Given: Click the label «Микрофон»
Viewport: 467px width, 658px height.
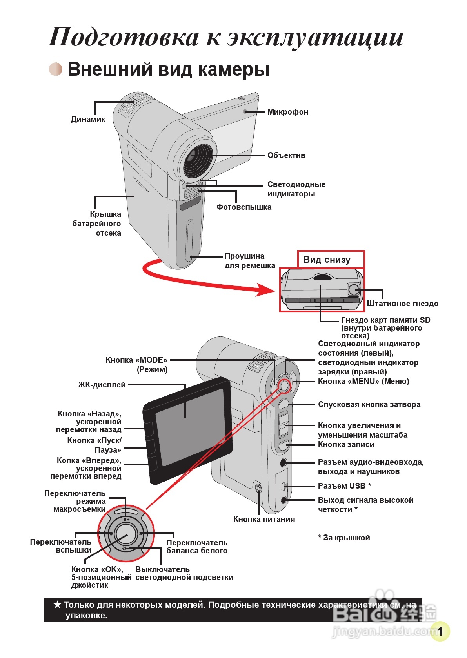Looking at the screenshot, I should [x=287, y=112].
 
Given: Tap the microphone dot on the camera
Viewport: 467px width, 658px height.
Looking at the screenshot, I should [x=245, y=111].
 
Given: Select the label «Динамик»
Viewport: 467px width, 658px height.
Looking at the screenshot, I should [x=88, y=119].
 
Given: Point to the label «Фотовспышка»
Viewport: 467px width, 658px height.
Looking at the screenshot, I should [x=244, y=207].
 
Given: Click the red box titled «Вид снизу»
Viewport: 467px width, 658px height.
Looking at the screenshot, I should [x=331, y=260].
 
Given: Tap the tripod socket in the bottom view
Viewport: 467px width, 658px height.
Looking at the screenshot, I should [x=354, y=289].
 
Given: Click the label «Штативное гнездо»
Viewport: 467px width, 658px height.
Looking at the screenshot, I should [x=402, y=304].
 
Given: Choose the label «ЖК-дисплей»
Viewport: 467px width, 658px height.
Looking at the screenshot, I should [x=102, y=385].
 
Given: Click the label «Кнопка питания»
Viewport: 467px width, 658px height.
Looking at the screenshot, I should [x=264, y=519].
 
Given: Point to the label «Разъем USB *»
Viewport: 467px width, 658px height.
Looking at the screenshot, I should [x=344, y=486].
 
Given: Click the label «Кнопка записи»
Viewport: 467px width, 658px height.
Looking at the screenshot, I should [x=346, y=444].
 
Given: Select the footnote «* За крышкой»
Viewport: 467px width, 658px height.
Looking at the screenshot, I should [x=344, y=538].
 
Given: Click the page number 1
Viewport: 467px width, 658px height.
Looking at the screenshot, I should [x=440, y=631].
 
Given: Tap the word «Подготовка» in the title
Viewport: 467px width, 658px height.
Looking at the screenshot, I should [x=124, y=37].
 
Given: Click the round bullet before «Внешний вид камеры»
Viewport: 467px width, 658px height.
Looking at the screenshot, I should [x=56, y=69].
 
